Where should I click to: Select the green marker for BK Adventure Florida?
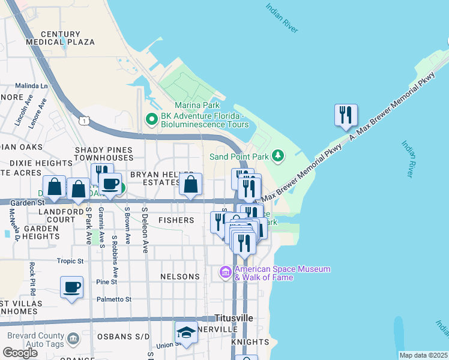(152, 120)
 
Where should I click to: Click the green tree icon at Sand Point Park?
(277, 156)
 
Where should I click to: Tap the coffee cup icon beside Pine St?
(72, 287)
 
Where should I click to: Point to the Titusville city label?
(234, 317)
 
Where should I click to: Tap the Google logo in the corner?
(20, 353)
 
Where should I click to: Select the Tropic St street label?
(70, 261)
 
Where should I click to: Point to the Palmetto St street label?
(113, 299)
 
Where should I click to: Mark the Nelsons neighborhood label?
(180, 277)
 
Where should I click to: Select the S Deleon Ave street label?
(145, 230)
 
